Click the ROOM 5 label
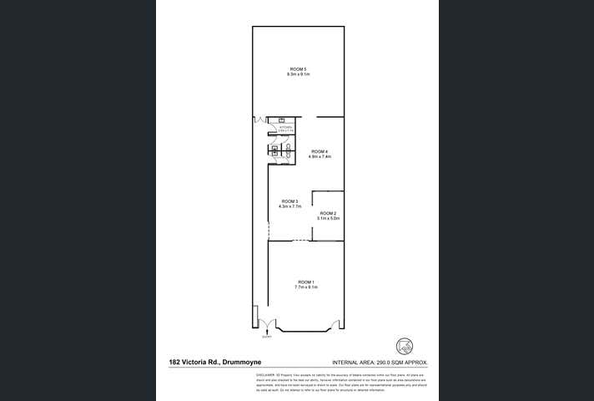click(x=298, y=69)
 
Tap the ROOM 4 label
click(x=320, y=151)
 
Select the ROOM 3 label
click(x=289, y=201)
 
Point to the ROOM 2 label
click(x=327, y=213)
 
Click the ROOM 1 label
click(x=305, y=282)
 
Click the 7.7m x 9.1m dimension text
click(x=305, y=287)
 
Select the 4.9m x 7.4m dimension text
click(x=320, y=156)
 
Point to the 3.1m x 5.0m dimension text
click(x=327, y=218)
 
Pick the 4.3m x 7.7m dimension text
click(x=289, y=206)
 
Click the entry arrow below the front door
click(x=266, y=333)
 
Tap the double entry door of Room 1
click(x=266, y=322)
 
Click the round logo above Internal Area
click(x=405, y=343)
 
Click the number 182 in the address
click(x=175, y=363)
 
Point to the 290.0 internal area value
click(x=385, y=363)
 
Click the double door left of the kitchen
click(x=259, y=122)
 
